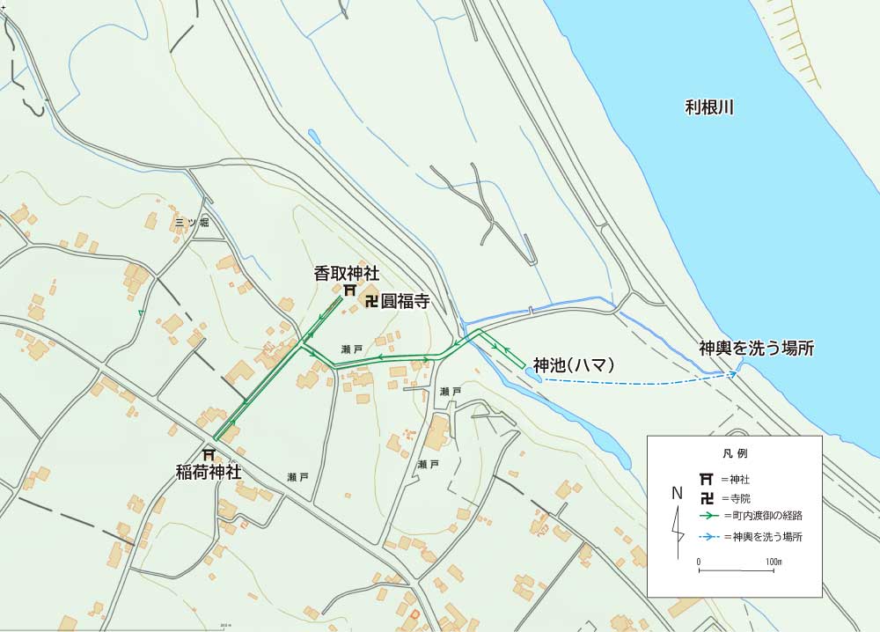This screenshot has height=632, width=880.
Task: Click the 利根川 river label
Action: click(x=709, y=108)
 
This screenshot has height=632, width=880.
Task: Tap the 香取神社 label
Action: click(x=347, y=274)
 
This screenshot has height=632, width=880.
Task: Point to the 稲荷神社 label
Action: click(x=209, y=472)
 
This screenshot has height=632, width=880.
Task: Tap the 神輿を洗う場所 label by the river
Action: click(x=756, y=349)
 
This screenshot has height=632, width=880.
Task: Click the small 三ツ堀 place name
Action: click(x=191, y=223)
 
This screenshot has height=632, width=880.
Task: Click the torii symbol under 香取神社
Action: click(x=349, y=290)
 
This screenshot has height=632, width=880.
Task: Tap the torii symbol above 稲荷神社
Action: click(x=209, y=455)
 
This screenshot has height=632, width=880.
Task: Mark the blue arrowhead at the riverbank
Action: click(x=732, y=374)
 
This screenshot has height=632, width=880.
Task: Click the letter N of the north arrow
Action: click(x=677, y=493)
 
